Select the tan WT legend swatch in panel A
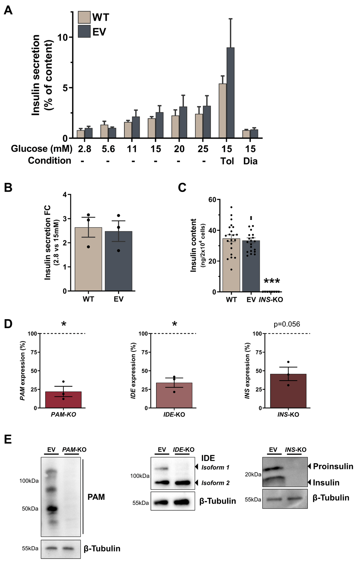tap(84, 17)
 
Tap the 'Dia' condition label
tap(250, 161)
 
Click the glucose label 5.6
tap(108, 149)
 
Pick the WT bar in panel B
tap(88, 259)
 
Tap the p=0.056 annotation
tap(287, 324)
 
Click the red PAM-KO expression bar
tap(63, 400)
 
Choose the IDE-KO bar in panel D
tap(174, 395)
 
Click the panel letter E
tap(8, 439)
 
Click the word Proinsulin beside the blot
tap(333, 466)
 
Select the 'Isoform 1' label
tap(215, 467)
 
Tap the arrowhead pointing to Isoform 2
tap(197, 483)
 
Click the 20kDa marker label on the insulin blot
tap(253, 474)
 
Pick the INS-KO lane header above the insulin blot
tap(296, 449)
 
